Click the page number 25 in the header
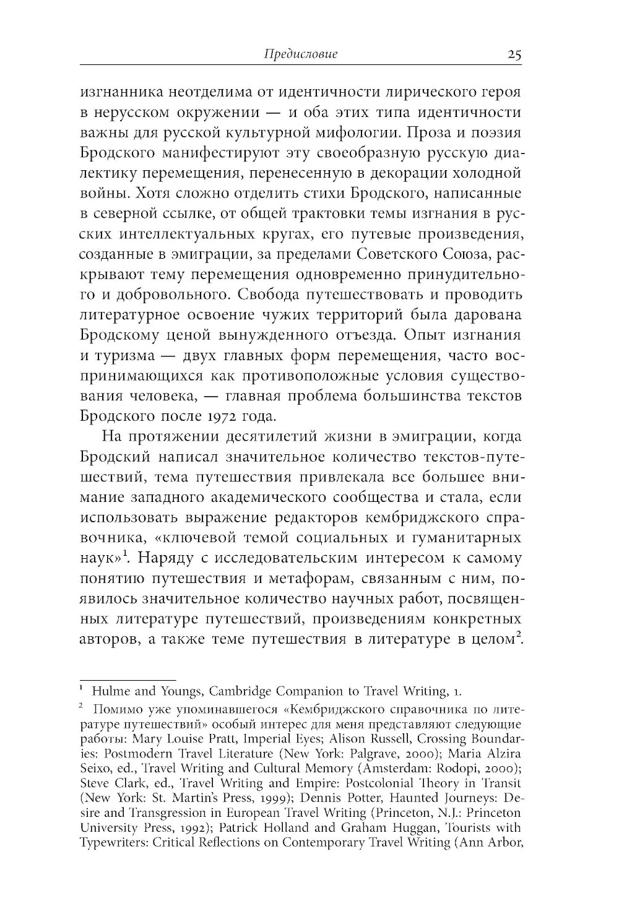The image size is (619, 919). pyautogui.click(x=514, y=54)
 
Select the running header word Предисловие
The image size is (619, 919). pyautogui.click(x=301, y=54)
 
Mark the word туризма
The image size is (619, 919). pyautogui.click(x=126, y=355)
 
